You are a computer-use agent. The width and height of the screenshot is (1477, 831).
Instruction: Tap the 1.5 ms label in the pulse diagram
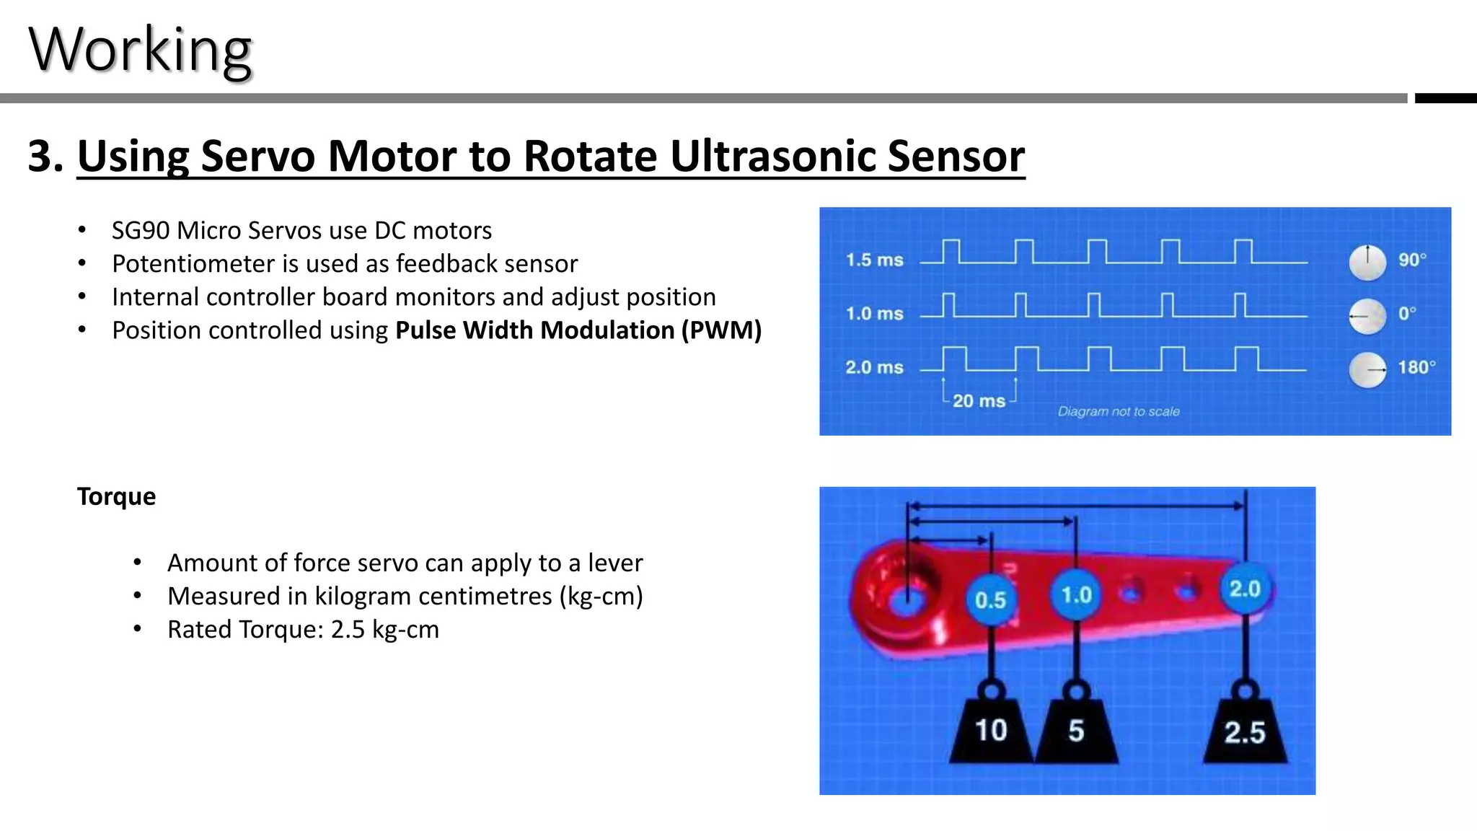coord(874,260)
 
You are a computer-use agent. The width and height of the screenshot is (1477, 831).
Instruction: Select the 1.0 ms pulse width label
coord(874,314)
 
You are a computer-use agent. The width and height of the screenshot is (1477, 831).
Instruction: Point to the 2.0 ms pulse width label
coord(874,367)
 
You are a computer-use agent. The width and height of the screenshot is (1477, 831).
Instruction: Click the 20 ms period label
coord(979,401)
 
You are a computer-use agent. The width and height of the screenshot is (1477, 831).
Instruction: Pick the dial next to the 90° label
coord(1367,262)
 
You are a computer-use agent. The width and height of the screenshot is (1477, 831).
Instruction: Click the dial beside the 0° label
coord(1367,316)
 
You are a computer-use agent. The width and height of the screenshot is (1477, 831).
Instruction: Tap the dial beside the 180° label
coord(1367,369)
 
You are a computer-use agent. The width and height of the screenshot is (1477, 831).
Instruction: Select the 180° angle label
coord(1416,367)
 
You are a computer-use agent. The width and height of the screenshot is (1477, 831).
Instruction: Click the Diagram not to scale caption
coord(1119,411)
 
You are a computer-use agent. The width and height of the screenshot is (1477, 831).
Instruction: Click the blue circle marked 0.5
coord(990,599)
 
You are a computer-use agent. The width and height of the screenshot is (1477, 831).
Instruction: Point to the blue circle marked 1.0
coord(1076,595)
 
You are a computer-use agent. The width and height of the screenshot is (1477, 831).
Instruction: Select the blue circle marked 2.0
coord(1245,589)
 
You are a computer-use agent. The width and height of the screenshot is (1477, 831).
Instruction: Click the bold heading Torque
coord(116,496)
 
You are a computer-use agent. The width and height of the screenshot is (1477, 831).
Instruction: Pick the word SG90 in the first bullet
coord(141,231)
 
